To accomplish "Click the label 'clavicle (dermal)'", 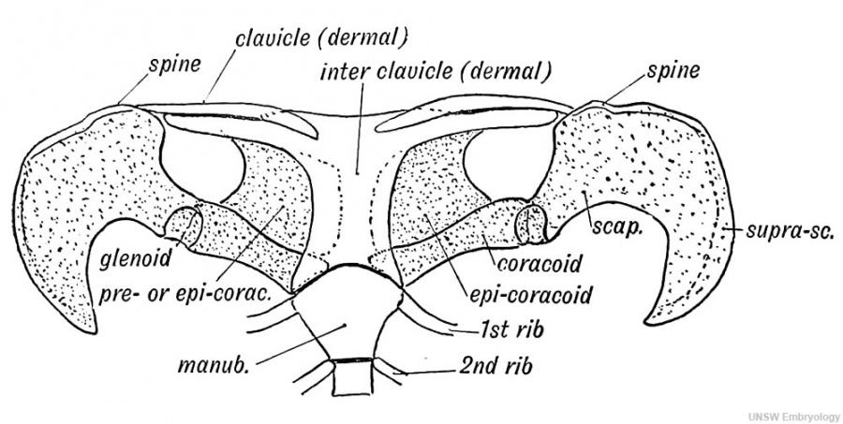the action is (x=322, y=38).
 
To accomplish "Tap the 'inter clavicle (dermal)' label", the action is (x=436, y=71).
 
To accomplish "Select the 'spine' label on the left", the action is (x=175, y=65).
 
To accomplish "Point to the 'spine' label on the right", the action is (x=673, y=70).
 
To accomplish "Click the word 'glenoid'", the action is (x=136, y=259).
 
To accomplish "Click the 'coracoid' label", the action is (x=540, y=263).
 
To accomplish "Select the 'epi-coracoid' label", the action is (x=531, y=295).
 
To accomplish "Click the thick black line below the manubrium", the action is (x=352, y=360).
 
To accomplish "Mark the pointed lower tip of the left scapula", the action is (x=94, y=331).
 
